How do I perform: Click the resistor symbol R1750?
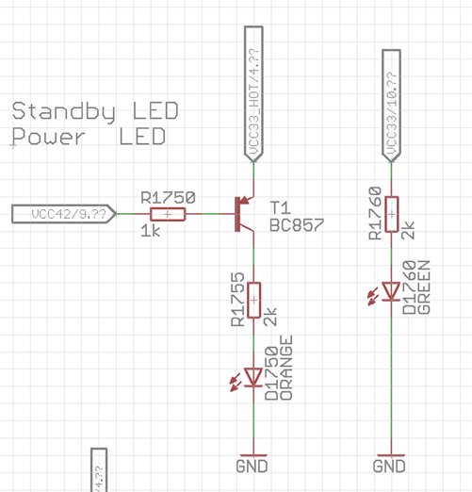click(x=168, y=215)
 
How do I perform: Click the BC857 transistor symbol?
click(x=244, y=214)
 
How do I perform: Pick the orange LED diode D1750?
click(x=253, y=378)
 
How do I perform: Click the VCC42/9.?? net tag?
click(x=64, y=215)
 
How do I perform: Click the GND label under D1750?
click(x=252, y=466)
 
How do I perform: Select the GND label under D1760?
click(x=390, y=466)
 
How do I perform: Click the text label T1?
click(x=279, y=207)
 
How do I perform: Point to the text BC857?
click(x=296, y=226)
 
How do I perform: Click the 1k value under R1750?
click(x=151, y=231)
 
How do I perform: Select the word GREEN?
click(x=424, y=287)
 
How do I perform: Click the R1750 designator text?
click(x=168, y=198)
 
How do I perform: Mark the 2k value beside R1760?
click(x=408, y=232)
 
